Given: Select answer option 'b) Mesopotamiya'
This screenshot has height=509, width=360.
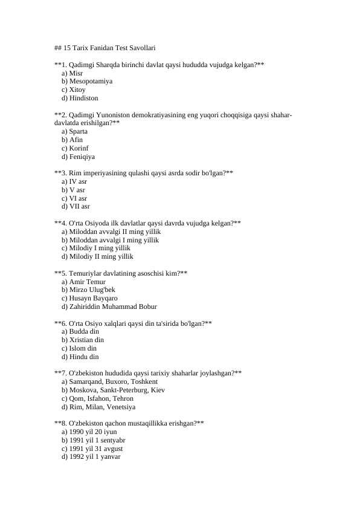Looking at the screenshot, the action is [x=86, y=81].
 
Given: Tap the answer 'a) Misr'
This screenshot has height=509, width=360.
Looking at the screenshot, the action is [x=72, y=73].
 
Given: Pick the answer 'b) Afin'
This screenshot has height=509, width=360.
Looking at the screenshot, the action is [x=72, y=140].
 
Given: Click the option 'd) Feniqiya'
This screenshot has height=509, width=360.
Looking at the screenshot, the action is [x=78, y=157].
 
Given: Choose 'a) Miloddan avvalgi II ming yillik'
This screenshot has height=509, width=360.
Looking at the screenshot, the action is [x=111, y=232].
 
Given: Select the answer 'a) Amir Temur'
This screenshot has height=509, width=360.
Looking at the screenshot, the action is [x=83, y=282].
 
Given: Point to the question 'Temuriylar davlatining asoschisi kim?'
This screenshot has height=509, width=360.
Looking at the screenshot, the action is [x=121, y=273].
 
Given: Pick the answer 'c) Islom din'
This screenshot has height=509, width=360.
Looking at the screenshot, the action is [x=79, y=348].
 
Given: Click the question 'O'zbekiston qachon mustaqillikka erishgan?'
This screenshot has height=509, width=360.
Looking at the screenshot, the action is [x=129, y=424].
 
